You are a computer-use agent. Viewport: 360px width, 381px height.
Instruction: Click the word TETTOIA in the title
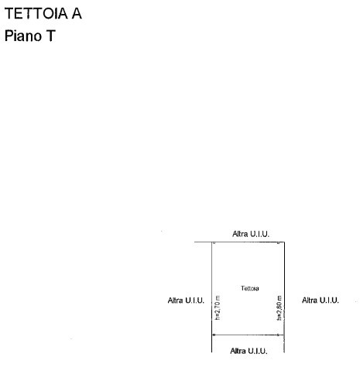(36, 13)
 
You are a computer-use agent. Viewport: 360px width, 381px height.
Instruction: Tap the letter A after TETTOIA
(77, 13)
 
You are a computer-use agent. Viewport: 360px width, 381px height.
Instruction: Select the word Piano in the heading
(23, 36)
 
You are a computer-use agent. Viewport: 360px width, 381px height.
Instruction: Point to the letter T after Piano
(51, 36)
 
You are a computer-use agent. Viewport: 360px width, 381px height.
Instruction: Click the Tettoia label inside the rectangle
(250, 288)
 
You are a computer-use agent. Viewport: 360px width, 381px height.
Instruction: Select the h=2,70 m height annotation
(218, 307)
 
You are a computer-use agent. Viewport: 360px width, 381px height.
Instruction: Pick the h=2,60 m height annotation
(279, 308)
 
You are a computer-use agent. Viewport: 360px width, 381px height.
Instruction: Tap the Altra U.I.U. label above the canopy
(251, 234)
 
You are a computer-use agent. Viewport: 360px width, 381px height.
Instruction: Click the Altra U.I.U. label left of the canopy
(186, 300)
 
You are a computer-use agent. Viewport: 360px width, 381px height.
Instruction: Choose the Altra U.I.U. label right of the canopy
(321, 300)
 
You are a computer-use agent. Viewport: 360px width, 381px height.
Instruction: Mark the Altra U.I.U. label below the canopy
(249, 351)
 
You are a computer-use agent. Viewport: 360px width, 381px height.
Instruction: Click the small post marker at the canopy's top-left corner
(214, 242)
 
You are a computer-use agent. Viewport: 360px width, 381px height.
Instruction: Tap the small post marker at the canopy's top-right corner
(278, 242)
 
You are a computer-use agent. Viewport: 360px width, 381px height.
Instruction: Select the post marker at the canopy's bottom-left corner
(214, 335)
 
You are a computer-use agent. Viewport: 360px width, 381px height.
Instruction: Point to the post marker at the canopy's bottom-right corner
(278, 335)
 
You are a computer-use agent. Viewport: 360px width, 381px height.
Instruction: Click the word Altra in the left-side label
(175, 300)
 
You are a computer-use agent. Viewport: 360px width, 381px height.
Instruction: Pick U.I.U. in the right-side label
(329, 300)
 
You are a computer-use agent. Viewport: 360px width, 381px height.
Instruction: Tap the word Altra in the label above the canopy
(240, 234)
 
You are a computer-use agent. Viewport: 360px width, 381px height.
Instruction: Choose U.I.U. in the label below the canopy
(258, 351)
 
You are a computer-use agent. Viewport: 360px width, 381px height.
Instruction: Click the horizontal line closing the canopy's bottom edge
(248, 335)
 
